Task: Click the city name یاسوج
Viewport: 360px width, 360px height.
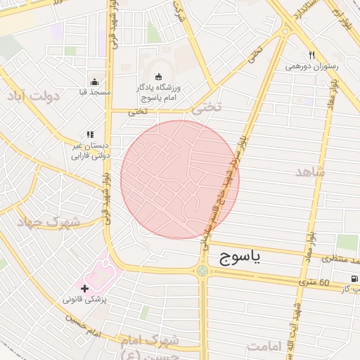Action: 236,257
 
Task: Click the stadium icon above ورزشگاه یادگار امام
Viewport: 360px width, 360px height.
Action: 157,77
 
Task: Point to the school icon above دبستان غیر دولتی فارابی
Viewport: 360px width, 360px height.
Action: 90,134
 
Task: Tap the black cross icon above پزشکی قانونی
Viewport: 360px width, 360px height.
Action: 84,288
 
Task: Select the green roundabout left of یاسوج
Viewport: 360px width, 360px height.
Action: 202,271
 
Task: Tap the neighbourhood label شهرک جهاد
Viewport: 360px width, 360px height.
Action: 51,222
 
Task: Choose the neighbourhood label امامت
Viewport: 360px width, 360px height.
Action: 264,347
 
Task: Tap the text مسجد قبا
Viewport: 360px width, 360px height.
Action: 95,92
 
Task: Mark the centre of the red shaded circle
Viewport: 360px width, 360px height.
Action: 180,179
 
